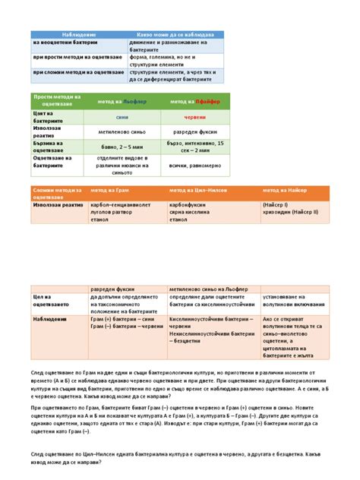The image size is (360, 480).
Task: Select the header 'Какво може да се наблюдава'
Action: [175, 36]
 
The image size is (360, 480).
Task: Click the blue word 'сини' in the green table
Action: [122, 118]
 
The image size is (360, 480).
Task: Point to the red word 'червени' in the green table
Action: [195, 118]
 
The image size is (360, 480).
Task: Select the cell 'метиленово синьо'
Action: [122, 131]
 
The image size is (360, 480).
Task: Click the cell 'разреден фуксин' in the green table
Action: [196, 131]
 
